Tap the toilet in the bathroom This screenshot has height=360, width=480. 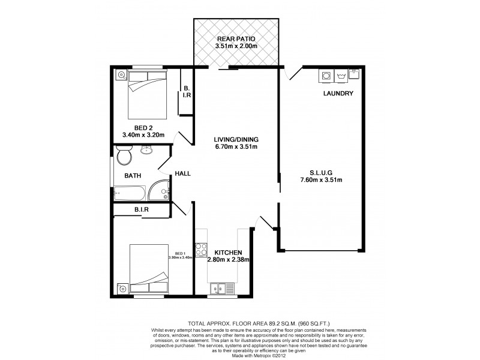125,158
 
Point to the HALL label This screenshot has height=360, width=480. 183,173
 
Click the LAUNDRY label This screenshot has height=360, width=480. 338,94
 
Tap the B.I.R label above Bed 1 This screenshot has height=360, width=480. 141,210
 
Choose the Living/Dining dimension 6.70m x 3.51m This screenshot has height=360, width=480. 236,146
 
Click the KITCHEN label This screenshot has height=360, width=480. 228,253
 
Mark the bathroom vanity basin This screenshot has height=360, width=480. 146,151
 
